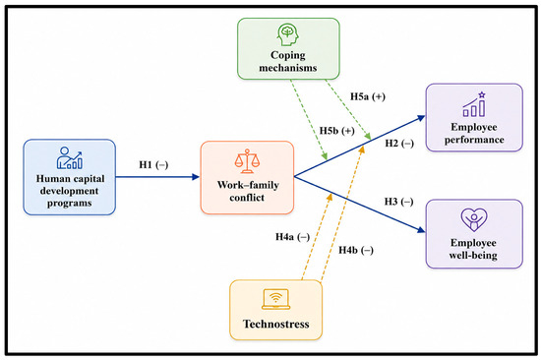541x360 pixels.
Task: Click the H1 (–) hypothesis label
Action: click(x=153, y=165)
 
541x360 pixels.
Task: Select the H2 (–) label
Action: click(x=399, y=144)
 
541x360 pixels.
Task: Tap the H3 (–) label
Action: click(x=398, y=202)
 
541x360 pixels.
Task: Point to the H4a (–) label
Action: click(x=292, y=237)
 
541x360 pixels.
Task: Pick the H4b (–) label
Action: click(x=356, y=250)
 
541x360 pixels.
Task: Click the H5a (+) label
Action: click(x=368, y=96)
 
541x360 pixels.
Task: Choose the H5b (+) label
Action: click(x=337, y=131)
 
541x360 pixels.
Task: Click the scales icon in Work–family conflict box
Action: click(x=247, y=161)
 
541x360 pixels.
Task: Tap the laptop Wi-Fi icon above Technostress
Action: click(x=275, y=299)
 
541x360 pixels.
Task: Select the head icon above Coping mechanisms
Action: click(x=288, y=34)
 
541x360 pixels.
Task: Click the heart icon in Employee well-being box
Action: click(x=474, y=219)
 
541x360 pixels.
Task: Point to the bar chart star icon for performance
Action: click(x=474, y=104)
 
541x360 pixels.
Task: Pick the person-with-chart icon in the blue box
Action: click(x=70, y=157)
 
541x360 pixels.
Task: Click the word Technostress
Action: click(x=276, y=325)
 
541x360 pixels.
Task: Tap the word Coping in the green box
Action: click(x=288, y=55)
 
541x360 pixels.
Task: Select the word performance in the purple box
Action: click(x=474, y=140)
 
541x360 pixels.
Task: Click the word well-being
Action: click(x=473, y=256)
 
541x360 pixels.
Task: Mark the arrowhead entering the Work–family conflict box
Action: click(x=196, y=177)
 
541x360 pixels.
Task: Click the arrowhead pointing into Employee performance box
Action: click(x=421, y=118)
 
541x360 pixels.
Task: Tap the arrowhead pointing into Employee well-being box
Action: click(x=421, y=230)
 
